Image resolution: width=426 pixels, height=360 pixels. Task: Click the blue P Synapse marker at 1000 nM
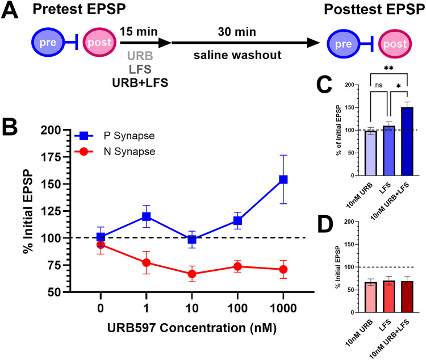point(283,179)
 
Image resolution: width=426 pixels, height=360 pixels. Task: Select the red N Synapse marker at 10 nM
point(192,274)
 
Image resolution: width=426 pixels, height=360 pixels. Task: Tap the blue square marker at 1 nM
point(147,216)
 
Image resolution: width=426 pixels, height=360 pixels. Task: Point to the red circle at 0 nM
point(101,245)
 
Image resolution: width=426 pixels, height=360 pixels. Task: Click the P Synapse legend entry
point(114,136)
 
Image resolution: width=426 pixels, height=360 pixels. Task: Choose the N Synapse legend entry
point(115,152)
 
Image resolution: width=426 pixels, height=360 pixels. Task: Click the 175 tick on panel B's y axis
point(51,157)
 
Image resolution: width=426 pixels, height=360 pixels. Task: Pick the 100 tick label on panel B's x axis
point(237,308)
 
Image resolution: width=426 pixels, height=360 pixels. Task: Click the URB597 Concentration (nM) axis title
point(192,328)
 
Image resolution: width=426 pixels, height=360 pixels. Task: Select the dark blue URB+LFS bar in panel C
point(407,141)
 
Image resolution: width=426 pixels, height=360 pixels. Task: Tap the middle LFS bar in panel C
point(389,150)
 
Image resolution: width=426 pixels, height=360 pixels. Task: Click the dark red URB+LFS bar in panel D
point(407,297)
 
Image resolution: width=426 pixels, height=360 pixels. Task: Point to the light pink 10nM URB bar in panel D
point(370,297)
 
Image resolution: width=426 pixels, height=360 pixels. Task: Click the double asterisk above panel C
point(389,68)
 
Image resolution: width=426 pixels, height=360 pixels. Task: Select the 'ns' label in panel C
point(378,85)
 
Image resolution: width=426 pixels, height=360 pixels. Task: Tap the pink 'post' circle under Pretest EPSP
point(99,42)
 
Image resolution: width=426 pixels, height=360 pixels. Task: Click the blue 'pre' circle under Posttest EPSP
point(344,44)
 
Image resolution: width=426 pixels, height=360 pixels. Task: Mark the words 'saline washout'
point(237,55)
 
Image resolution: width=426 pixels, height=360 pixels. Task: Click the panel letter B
point(10,127)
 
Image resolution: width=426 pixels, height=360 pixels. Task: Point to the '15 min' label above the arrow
point(139,32)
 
